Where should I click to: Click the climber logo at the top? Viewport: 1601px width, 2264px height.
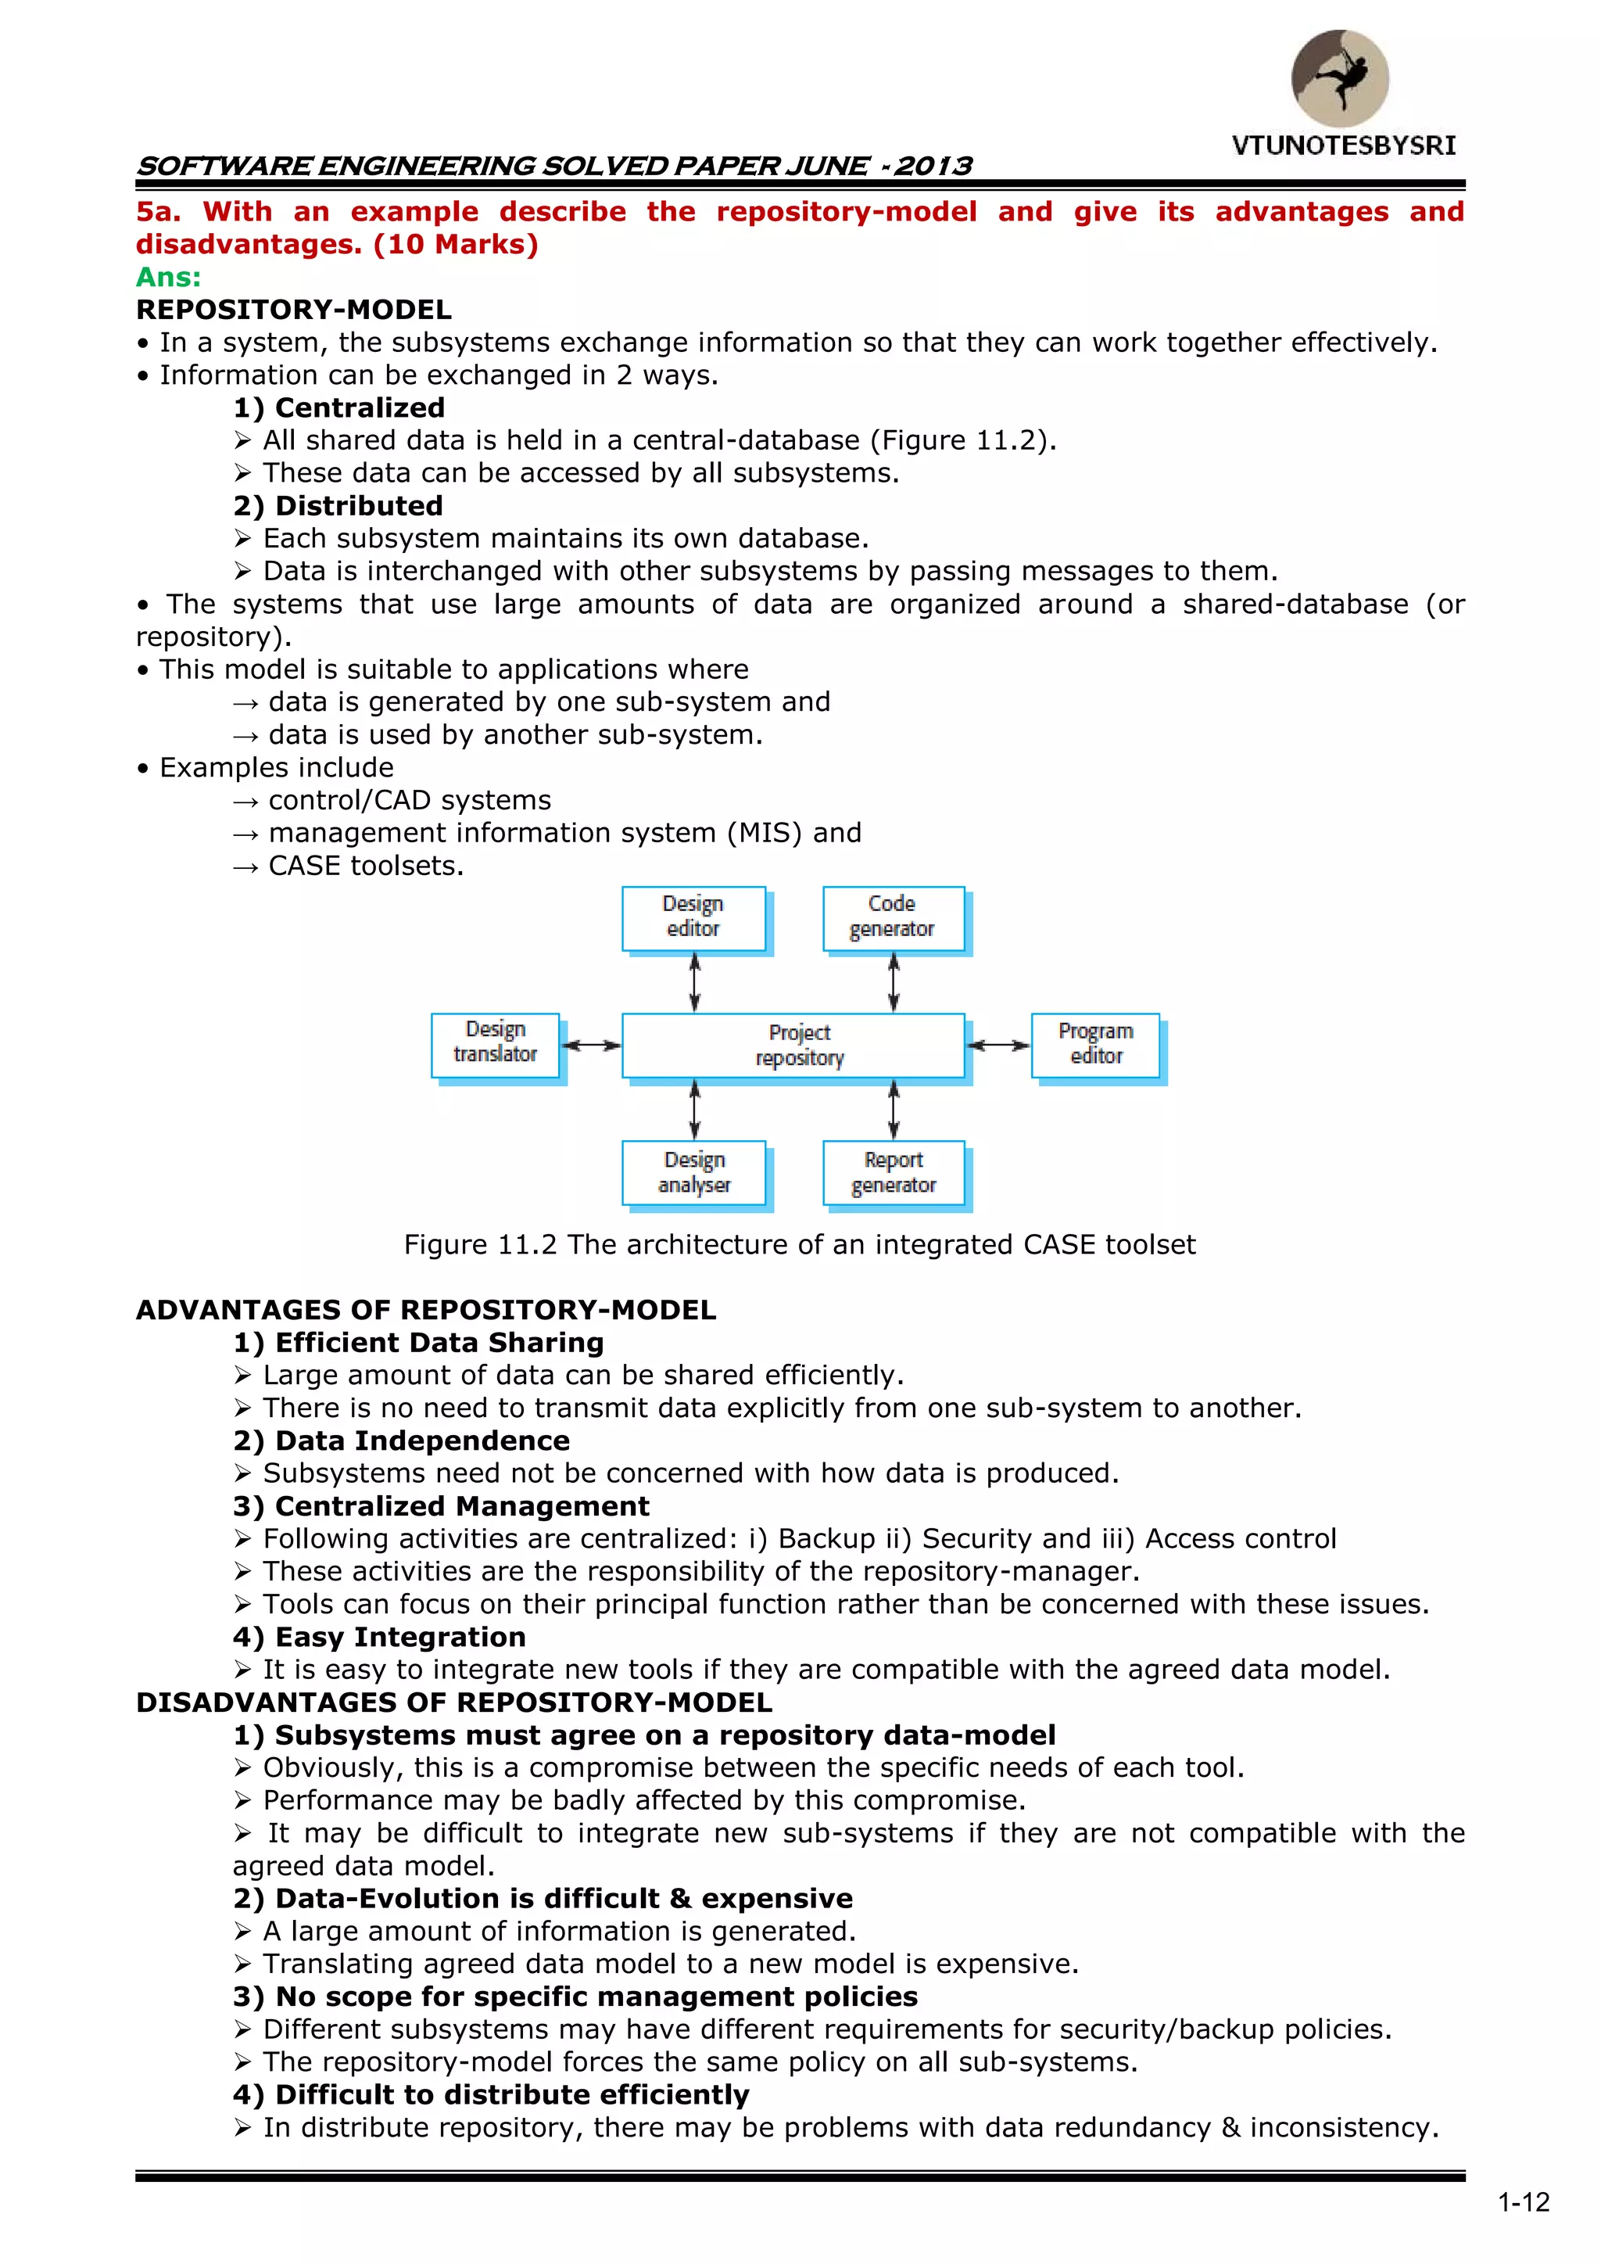coord(1340,79)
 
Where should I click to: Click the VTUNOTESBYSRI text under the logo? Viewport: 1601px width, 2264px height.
coord(1343,146)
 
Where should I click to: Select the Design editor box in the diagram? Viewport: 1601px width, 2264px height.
coord(693,917)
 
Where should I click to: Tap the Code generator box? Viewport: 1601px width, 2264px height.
coord(894,917)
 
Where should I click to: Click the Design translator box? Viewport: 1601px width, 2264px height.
coord(495,1043)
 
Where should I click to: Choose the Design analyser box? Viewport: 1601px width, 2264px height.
coord(693,1172)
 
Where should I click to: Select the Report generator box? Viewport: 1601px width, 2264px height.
coord(894,1172)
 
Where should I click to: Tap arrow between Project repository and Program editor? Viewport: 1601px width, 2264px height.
coord(997,1046)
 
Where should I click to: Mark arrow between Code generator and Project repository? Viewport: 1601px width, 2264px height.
coord(894,982)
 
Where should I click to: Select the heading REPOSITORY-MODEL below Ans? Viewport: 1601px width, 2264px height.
coord(294,310)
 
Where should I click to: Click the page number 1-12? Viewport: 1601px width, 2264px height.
coord(1523,2202)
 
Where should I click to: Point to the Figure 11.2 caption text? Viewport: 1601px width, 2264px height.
coord(800,1244)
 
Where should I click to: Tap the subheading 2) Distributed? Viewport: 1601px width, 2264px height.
coord(338,506)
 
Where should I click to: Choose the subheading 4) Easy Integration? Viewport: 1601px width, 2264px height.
coord(380,1637)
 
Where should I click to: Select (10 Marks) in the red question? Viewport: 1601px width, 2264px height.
coord(456,245)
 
